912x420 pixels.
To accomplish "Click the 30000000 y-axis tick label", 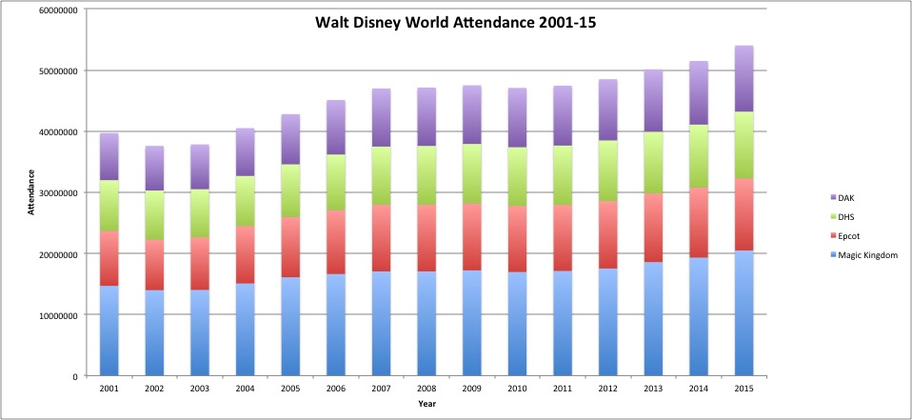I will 54,192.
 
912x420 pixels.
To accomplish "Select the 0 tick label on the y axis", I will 72,376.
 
